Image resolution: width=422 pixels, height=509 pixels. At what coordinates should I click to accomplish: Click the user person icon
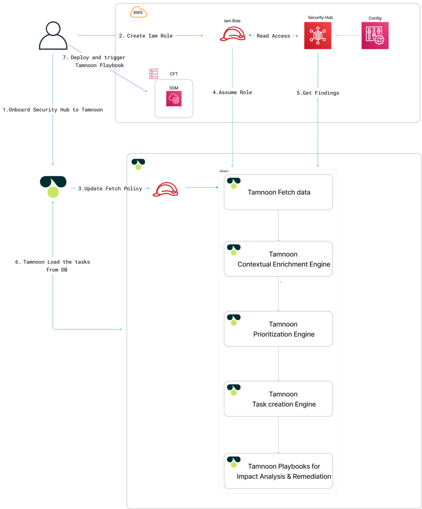pos(53,35)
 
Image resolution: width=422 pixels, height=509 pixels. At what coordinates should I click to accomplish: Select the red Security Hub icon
pos(318,35)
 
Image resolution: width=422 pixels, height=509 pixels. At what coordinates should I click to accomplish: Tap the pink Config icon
pos(375,35)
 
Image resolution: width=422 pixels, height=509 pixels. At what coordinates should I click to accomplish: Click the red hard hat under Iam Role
pos(233,34)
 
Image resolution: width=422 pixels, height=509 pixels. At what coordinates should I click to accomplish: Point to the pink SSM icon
pos(174,99)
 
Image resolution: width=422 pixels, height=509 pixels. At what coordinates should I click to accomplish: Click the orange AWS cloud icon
pos(138,12)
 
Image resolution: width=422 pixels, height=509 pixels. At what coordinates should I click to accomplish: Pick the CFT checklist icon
pos(154,74)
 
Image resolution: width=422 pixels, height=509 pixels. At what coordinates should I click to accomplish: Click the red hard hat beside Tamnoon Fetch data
pos(166,189)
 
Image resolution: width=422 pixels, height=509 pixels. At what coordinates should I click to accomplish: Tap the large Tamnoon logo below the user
pos(53,187)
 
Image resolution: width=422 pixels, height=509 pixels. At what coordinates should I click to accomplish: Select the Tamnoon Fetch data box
pos(278,192)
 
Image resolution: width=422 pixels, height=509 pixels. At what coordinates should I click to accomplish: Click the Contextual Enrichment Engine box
pos(278,259)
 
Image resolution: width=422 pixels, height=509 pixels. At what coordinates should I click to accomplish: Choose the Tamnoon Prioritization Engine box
pos(278,329)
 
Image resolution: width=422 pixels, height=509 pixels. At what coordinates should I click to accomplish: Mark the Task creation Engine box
pos(278,399)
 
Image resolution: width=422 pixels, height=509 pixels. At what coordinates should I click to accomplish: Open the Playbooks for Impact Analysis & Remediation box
pos(278,471)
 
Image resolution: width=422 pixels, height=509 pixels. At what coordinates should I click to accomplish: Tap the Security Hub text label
pos(320,17)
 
